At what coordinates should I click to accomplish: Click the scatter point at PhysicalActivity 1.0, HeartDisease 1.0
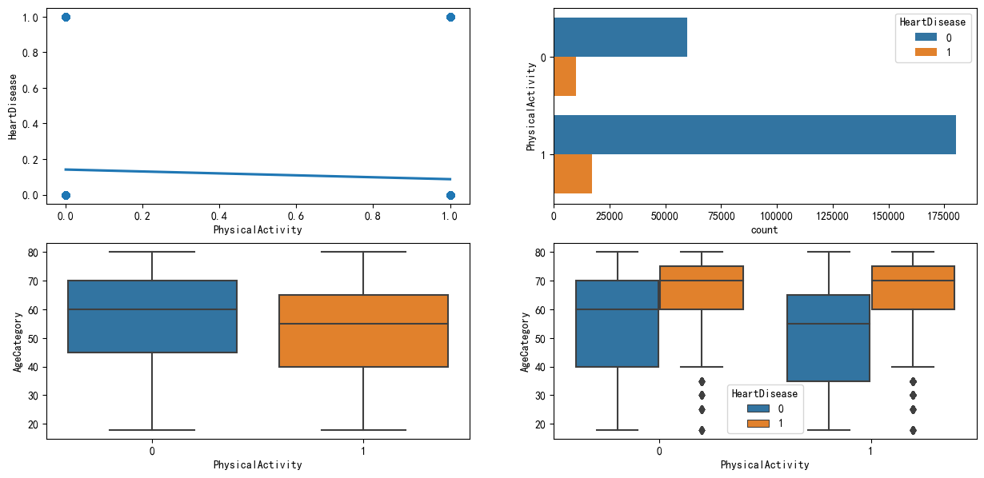(x=450, y=17)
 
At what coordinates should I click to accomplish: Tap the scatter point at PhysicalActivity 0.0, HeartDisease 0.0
(x=66, y=195)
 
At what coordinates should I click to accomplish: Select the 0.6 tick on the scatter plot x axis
(x=296, y=215)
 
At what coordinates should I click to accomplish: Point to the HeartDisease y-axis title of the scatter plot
(x=13, y=106)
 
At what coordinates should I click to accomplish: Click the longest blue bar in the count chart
(x=754, y=134)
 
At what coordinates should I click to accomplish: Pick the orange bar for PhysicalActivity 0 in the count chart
(x=565, y=77)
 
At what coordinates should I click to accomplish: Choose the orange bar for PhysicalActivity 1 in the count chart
(x=573, y=173)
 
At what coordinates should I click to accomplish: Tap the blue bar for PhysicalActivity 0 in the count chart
(x=620, y=38)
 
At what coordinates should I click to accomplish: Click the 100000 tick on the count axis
(x=777, y=215)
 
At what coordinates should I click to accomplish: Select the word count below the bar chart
(x=765, y=229)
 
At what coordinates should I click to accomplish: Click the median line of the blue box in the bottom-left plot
(x=152, y=309)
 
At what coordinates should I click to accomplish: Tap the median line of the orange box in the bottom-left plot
(x=363, y=324)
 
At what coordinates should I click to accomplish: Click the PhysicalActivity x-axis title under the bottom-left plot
(x=258, y=464)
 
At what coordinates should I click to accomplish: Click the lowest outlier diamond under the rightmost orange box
(x=913, y=430)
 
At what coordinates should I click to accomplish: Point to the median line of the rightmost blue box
(x=828, y=324)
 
